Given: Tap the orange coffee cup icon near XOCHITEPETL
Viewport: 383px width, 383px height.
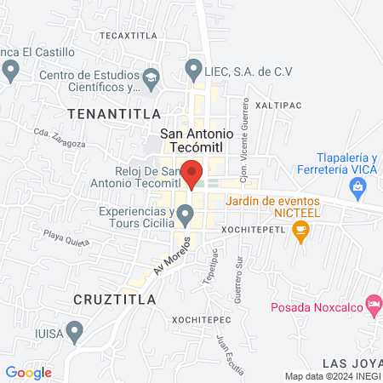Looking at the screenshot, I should coord(300,230).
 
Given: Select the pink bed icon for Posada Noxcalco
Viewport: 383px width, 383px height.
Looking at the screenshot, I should coord(373,303).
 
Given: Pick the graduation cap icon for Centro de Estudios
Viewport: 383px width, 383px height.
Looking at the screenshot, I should coord(151,78).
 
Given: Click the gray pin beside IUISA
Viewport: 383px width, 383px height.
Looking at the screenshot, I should coord(74,329).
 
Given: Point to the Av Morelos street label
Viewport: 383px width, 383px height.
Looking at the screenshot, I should coord(169,255).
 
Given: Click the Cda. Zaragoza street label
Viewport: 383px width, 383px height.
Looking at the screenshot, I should coord(60,137).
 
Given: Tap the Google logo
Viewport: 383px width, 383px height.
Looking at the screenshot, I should coord(28,372).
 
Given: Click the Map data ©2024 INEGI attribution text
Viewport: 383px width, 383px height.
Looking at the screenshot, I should coord(331,376).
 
